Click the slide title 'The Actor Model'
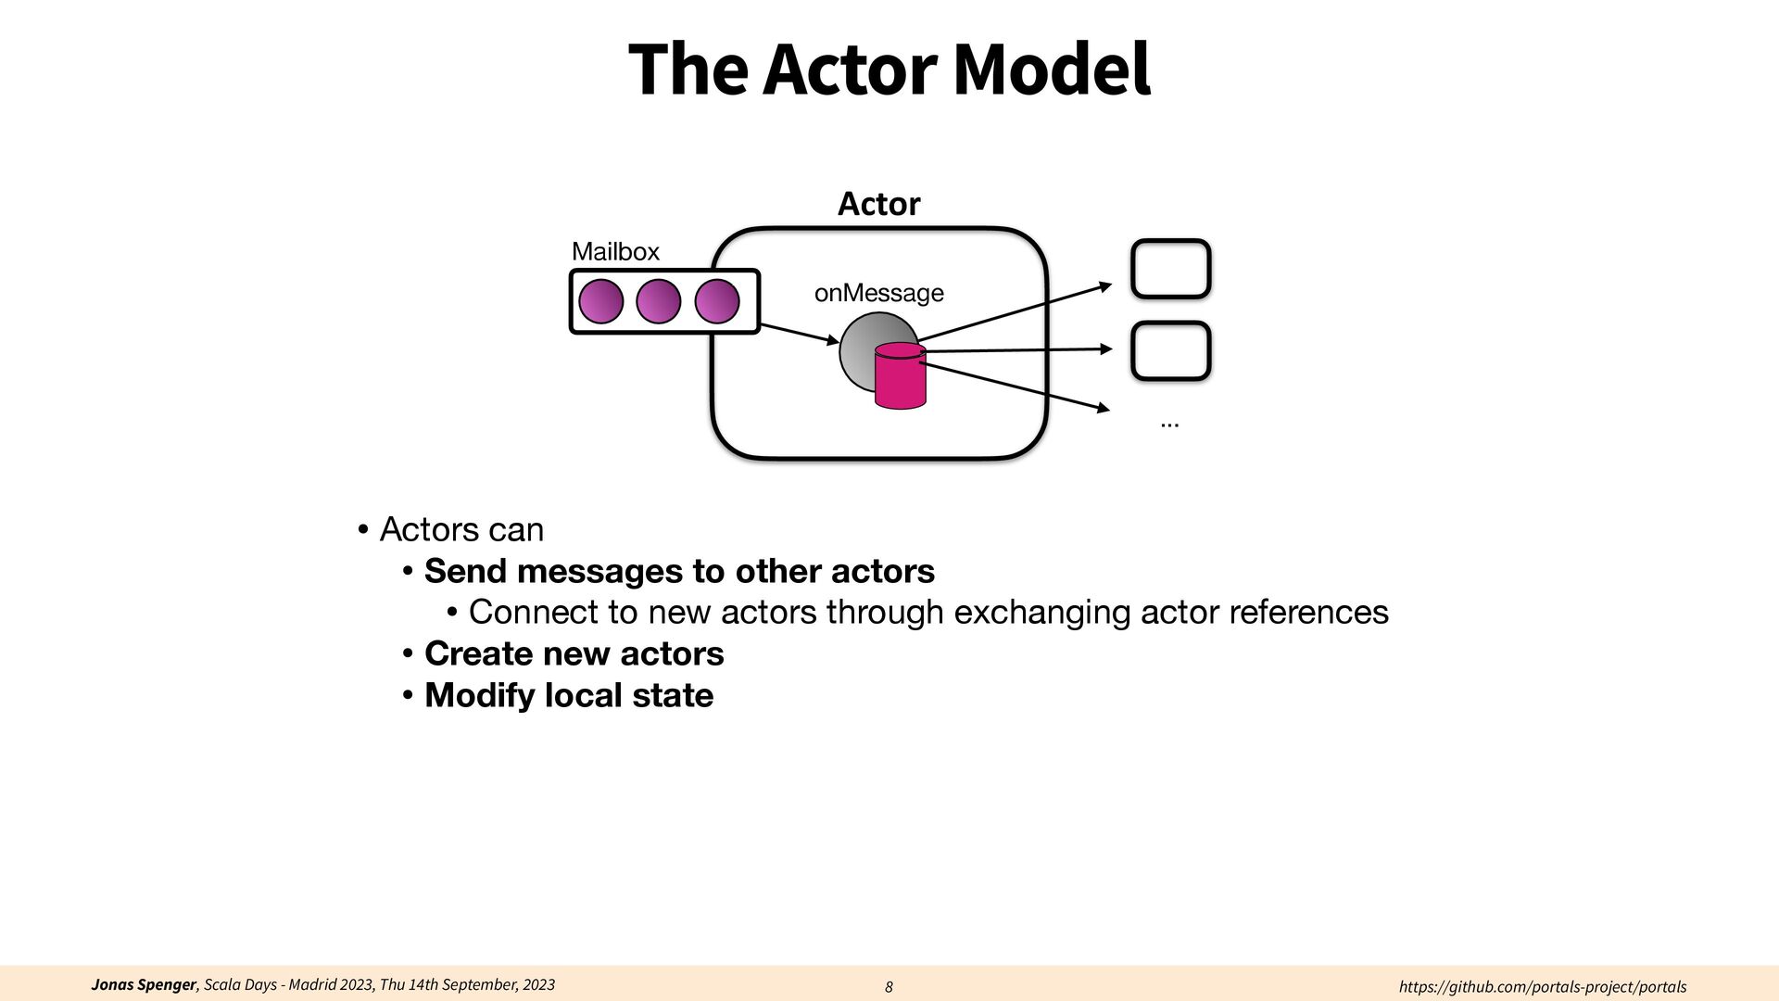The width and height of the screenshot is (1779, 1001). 889,70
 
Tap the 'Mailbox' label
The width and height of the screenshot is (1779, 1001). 615,251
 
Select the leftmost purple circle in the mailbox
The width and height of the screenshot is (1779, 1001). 601,301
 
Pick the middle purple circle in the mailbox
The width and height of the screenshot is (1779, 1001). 659,301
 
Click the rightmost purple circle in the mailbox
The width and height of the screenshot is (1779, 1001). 717,301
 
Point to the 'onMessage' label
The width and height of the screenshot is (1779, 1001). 878,293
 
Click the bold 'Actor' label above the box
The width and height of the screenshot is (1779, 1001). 878,204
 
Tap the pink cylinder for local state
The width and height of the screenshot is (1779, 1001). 900,378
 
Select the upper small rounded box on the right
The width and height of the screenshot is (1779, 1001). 1171,269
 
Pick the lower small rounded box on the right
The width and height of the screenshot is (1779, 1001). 1171,350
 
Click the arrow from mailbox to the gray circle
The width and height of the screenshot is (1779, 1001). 799,334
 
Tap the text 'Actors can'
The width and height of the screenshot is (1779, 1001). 461,529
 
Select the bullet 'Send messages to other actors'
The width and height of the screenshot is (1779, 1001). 679,571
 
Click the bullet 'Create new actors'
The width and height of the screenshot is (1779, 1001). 574,653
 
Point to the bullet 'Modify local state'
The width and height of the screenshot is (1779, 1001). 569,695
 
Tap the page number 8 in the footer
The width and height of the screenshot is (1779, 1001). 889,987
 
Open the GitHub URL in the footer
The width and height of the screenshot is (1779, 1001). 1542,987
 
